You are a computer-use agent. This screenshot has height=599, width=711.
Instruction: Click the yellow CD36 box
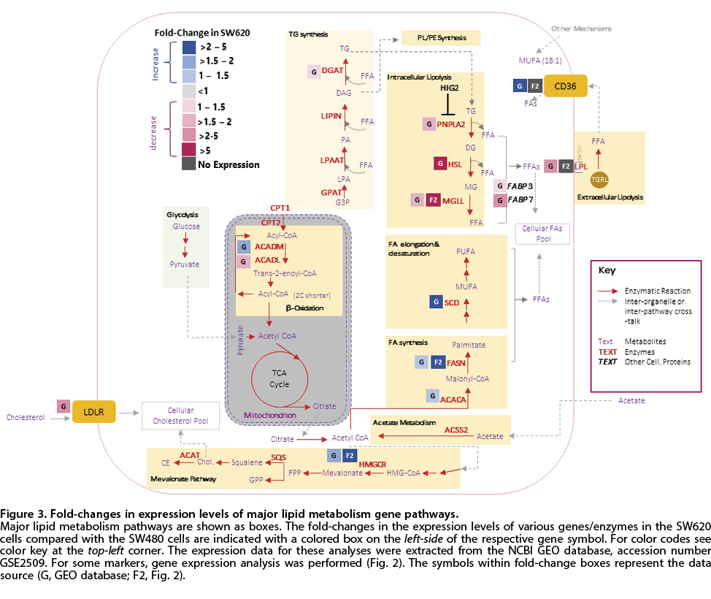tap(566, 86)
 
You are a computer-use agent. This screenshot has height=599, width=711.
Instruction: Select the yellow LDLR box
tap(94, 412)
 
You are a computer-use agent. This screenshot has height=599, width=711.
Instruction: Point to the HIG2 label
tap(450, 88)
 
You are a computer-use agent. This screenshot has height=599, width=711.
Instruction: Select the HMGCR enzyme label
tap(372, 463)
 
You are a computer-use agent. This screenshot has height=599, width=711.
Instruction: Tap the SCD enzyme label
tap(452, 302)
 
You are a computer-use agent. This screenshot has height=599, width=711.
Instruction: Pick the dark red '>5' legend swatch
tap(188, 150)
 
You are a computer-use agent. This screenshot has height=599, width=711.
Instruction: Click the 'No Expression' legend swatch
tap(188, 165)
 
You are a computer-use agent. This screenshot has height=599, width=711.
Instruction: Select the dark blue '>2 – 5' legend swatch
tap(188, 47)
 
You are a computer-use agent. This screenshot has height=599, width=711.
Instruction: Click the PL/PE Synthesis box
tap(441, 37)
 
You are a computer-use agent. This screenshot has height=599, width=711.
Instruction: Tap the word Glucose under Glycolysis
tap(186, 226)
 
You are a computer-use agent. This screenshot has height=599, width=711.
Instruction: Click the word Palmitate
tap(469, 344)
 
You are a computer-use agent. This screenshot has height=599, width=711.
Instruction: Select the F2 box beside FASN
tap(438, 361)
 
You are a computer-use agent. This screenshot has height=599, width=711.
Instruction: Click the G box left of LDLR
tap(64, 405)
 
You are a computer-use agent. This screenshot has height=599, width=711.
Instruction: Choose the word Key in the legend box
tap(607, 270)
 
